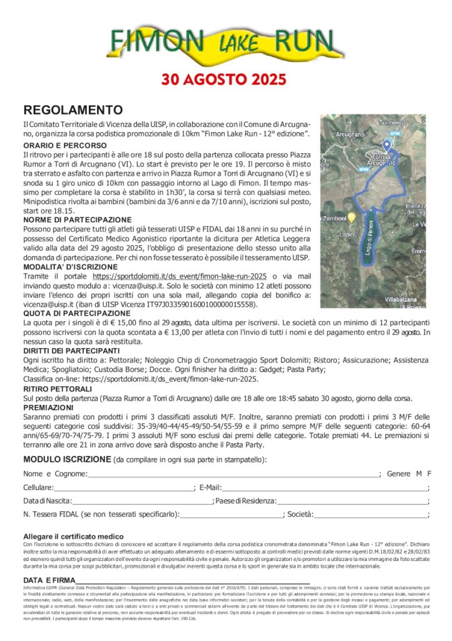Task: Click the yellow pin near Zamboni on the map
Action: [x=352, y=217]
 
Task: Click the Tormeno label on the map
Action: [x=391, y=122]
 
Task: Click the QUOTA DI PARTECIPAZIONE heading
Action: [x=77, y=313]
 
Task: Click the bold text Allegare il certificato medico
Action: [x=73, y=536]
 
